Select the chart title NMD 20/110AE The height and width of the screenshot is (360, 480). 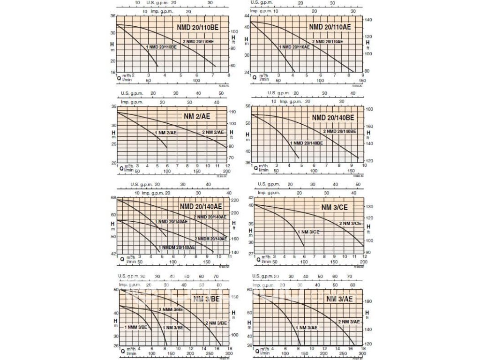pos(330,27)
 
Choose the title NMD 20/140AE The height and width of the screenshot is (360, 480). pos(201,206)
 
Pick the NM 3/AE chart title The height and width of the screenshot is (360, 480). pos(339,299)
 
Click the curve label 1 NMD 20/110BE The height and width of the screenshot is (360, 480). pos(162,47)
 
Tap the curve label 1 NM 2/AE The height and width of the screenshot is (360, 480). pos(166,133)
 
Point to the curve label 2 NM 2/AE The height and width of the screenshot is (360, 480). pos(213,133)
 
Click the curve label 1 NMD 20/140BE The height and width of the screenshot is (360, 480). pos(306,142)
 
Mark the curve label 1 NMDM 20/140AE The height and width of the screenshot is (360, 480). pos(177,247)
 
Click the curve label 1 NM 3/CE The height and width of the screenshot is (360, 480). pos(308,232)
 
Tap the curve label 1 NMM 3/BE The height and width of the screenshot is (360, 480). pos(135,327)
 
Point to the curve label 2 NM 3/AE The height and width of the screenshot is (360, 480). pos(349,322)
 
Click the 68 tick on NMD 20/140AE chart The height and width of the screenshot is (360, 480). pos(113,198)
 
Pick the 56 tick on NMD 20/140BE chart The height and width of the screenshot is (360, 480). pos(248,107)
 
